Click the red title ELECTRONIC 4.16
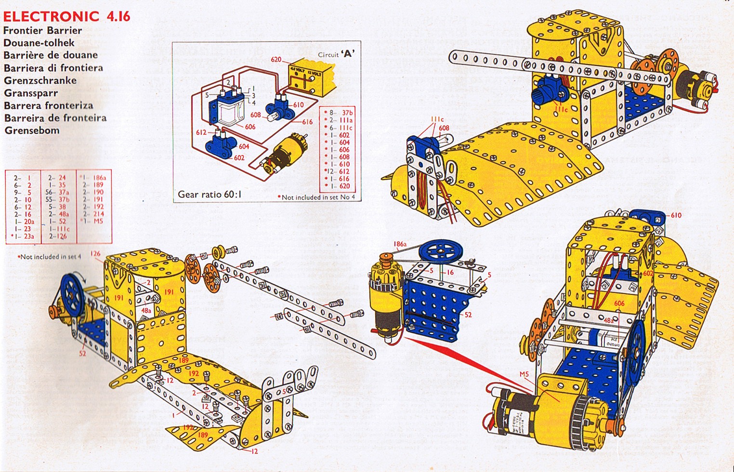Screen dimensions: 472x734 [x=66, y=16]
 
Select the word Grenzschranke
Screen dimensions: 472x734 [x=40, y=80]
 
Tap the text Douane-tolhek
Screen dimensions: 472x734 [x=39, y=43]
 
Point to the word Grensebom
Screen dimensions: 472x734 [x=32, y=130]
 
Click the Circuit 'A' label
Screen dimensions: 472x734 [x=336, y=54]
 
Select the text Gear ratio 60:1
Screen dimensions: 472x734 [x=210, y=194]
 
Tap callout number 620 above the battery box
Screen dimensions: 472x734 [x=276, y=60]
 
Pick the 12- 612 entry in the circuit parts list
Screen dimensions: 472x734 [x=338, y=171]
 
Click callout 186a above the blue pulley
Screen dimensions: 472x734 [x=400, y=244]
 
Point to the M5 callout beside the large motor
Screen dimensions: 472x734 [x=524, y=374]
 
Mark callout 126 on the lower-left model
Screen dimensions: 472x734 [x=95, y=254]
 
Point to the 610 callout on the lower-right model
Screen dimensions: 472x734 [x=676, y=215]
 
